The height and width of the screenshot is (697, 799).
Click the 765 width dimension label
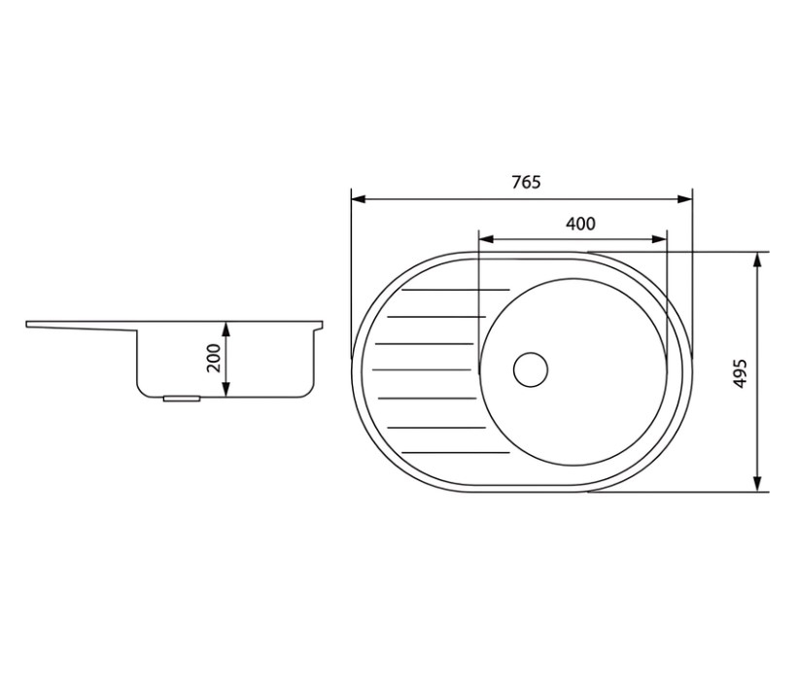point(526,182)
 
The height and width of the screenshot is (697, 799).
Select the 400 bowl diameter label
point(580,224)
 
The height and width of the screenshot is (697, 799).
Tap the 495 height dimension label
point(741,373)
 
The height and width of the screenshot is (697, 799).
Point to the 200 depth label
point(214,358)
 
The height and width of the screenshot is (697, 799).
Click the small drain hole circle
point(531,369)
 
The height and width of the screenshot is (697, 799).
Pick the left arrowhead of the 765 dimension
point(359,199)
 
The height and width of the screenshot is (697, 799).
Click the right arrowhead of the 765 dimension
point(685,199)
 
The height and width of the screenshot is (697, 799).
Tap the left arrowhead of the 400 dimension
point(487,239)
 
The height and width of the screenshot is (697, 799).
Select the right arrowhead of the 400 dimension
point(659,239)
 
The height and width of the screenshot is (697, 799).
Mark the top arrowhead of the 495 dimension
point(757,260)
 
